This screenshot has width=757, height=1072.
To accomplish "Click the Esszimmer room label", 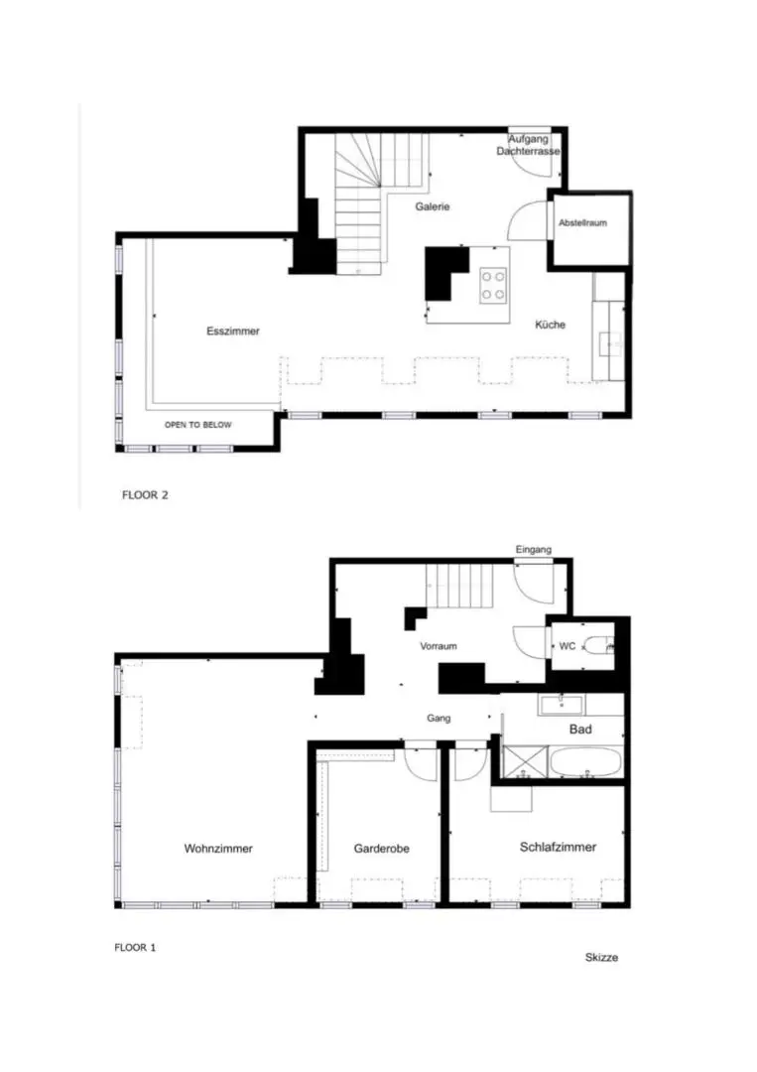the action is click(x=233, y=331).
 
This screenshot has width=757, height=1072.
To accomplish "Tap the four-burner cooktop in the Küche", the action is click(x=493, y=285).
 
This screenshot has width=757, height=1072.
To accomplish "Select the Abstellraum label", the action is click(x=582, y=223).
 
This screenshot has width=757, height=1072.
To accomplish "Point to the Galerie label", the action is click(x=433, y=206).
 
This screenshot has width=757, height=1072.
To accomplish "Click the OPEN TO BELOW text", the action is click(x=198, y=425).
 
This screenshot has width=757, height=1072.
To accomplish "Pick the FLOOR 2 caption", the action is click(x=145, y=495).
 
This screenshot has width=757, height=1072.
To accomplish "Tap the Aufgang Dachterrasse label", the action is click(x=528, y=145).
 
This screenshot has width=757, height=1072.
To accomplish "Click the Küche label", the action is click(x=550, y=325).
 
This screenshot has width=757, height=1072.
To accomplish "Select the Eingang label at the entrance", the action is click(x=534, y=550).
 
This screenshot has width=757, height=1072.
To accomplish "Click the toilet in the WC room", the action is click(x=599, y=645).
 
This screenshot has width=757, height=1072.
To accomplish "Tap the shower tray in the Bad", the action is click(x=526, y=762).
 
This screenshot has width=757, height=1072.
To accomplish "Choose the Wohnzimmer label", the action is click(x=218, y=849).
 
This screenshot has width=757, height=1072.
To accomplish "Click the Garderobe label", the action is click(x=382, y=849).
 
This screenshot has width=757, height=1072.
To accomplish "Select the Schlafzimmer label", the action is click(x=559, y=847).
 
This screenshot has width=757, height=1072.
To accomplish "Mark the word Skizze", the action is click(x=602, y=957).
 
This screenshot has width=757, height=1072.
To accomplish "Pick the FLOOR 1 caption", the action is click(x=135, y=948).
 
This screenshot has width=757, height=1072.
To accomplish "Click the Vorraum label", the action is click(x=439, y=646).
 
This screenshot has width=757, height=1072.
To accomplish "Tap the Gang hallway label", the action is click(x=439, y=718).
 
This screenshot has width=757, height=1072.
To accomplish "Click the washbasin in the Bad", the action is click(x=561, y=705).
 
